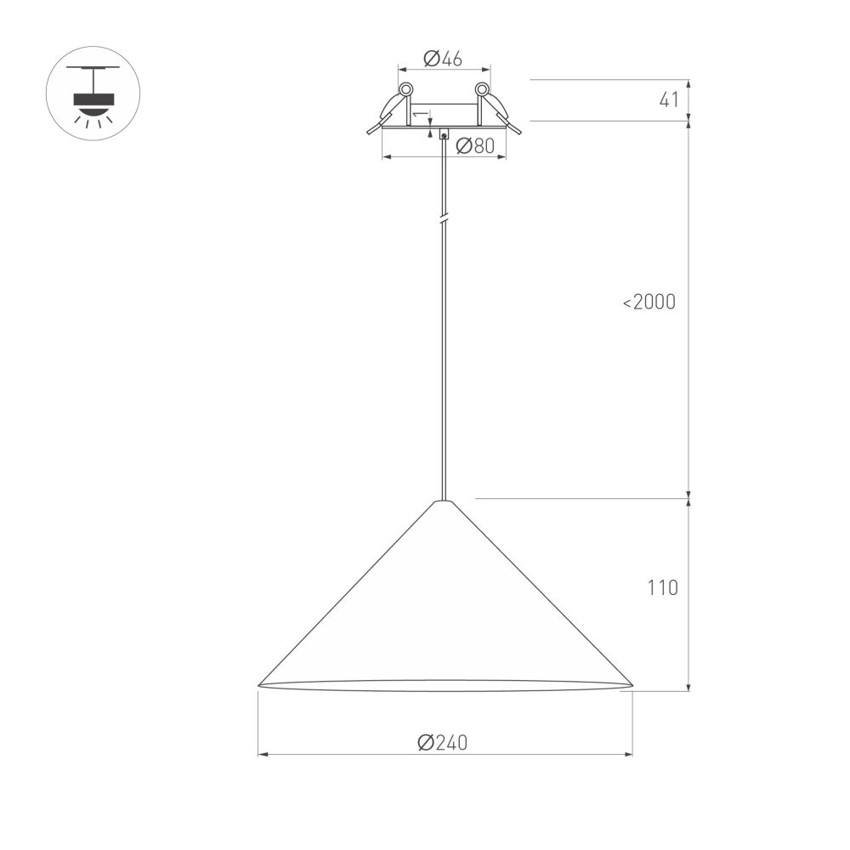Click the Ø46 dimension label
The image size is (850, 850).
coord(442,59)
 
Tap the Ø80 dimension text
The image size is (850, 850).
coord(475,146)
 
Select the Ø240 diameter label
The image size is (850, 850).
coord(443,742)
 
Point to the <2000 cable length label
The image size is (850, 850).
coord(649,302)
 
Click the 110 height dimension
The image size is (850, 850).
coord(662,587)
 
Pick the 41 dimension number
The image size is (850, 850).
coord(669,99)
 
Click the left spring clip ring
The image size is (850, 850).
coord(405,88)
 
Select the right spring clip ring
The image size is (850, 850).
coord(482,88)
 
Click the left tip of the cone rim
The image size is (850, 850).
coord(259,684)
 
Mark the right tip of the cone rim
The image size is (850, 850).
coord(632,684)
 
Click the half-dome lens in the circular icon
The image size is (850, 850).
coord(93,110)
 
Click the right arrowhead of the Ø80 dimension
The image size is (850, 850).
coord(502,157)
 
